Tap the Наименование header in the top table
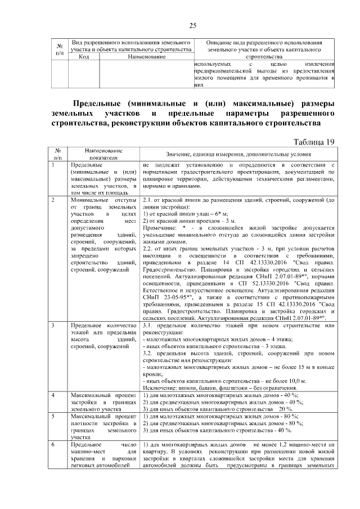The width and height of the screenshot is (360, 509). (x=147, y=57)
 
